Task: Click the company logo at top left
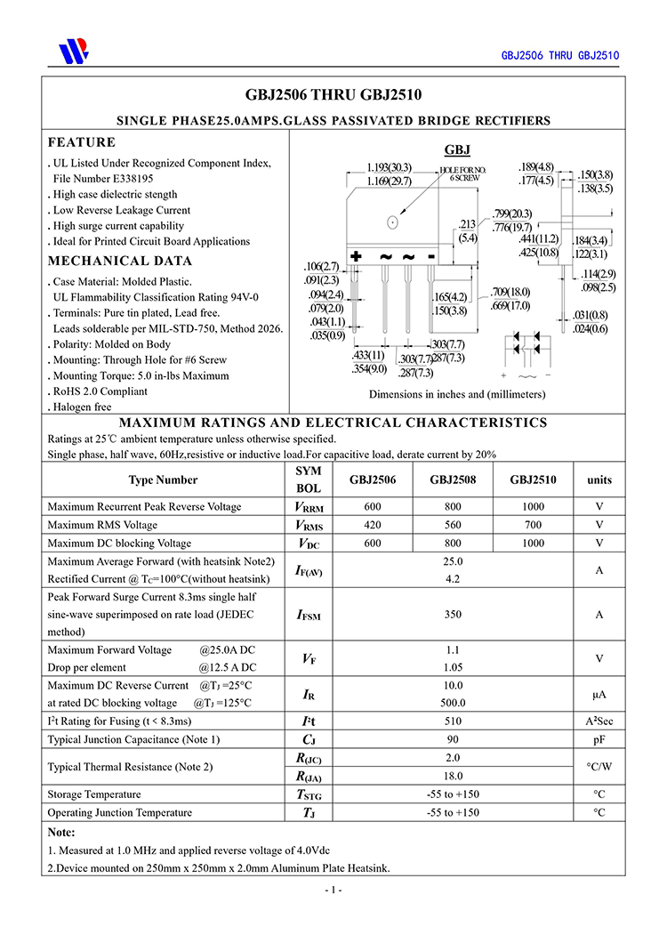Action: (74, 51)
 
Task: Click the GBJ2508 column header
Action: (453, 480)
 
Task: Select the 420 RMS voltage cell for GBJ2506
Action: (372, 525)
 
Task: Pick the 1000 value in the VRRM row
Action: (533, 507)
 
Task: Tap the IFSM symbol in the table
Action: (308, 615)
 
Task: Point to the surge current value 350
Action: (453, 615)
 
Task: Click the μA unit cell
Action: (599, 694)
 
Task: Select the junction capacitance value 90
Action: (453, 739)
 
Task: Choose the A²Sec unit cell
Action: (599, 721)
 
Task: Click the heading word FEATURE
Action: (82, 142)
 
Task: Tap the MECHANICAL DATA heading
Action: (119, 262)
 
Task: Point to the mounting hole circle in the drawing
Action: (392, 222)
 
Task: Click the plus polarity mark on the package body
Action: (357, 257)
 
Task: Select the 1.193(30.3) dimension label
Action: (389, 167)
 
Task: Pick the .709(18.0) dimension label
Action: (510, 292)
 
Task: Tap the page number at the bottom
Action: (333, 890)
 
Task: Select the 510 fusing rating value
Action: (453, 721)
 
